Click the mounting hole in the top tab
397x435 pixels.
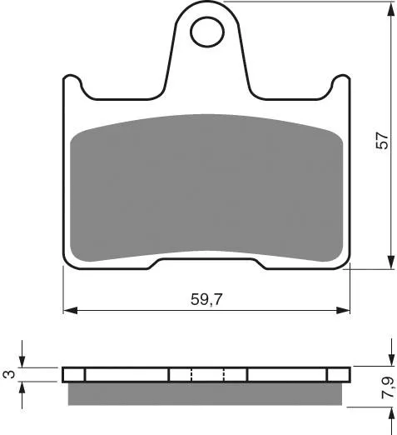(x=207, y=32)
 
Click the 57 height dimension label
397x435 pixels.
(x=382, y=141)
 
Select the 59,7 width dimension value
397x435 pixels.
(x=206, y=299)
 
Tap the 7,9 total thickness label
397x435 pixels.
(x=387, y=387)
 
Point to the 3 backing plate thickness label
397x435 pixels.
(x=9, y=374)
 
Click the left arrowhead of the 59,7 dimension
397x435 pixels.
(x=70, y=310)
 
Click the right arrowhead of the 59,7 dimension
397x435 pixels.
(x=343, y=310)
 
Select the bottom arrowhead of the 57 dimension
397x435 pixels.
(x=390, y=262)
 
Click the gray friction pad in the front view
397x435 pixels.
(x=206, y=187)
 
